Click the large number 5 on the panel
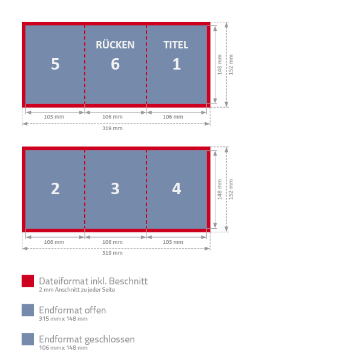pyautogui.click(x=55, y=64)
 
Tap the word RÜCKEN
pyautogui.click(x=115, y=44)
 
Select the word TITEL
pyautogui.click(x=176, y=45)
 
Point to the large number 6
pyautogui.click(x=115, y=64)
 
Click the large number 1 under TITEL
pyautogui.click(x=177, y=64)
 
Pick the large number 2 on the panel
pyautogui.click(x=55, y=189)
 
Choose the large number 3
pyautogui.click(x=115, y=189)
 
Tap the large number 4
pyautogui.click(x=177, y=189)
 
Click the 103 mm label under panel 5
pyautogui.click(x=54, y=117)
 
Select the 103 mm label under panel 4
pyautogui.click(x=173, y=242)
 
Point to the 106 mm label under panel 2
pyautogui.click(x=54, y=242)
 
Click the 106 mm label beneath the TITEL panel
pyautogui.click(x=173, y=117)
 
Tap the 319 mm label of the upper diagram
pyautogui.click(x=113, y=128)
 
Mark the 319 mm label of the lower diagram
pyautogui.click(x=113, y=253)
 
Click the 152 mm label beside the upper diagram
pyautogui.click(x=231, y=65)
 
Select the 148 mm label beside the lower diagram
pyautogui.click(x=220, y=189)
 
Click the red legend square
pyautogui.click(x=28, y=281)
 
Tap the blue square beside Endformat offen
pyautogui.click(x=28, y=310)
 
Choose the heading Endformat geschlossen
pyautogui.click(x=87, y=339)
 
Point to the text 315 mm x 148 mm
pyautogui.click(x=63, y=319)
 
